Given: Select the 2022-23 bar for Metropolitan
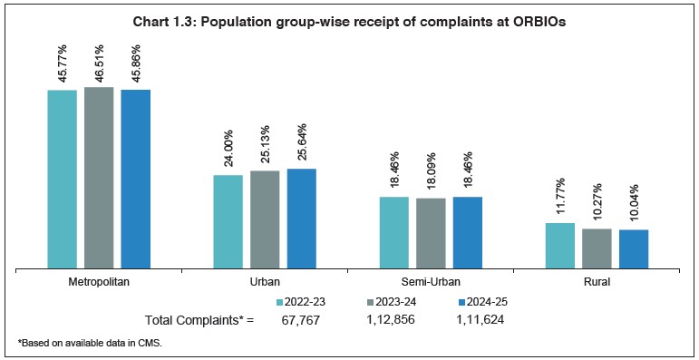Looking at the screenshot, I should (x=62, y=179).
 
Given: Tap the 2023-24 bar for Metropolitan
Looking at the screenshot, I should (x=99, y=177).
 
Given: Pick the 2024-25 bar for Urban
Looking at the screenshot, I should (x=301, y=219).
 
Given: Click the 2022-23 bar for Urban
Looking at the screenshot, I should (x=228, y=221).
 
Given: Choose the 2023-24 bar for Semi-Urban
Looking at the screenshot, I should (x=431, y=233).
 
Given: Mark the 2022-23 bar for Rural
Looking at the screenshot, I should (x=559, y=245).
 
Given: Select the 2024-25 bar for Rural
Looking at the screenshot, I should (x=634, y=248).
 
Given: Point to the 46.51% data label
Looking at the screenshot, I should (x=99, y=62).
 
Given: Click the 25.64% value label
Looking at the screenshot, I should (x=301, y=143).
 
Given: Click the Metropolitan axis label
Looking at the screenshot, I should (x=99, y=282).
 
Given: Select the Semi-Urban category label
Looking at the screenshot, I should (x=431, y=282).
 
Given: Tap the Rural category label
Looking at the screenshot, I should (x=597, y=282).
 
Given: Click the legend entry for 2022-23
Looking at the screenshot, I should (x=304, y=301).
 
